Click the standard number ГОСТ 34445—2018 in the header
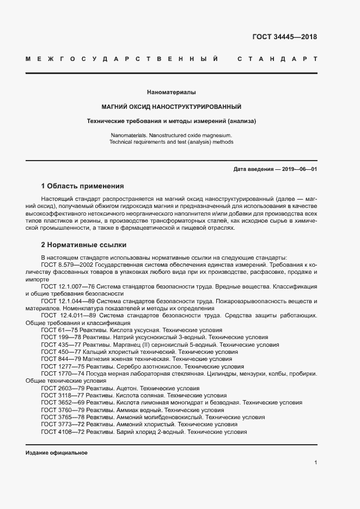(285, 37)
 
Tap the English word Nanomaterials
(129, 134)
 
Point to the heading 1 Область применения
(82, 186)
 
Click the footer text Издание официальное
(56, 453)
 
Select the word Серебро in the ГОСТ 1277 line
(127, 367)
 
